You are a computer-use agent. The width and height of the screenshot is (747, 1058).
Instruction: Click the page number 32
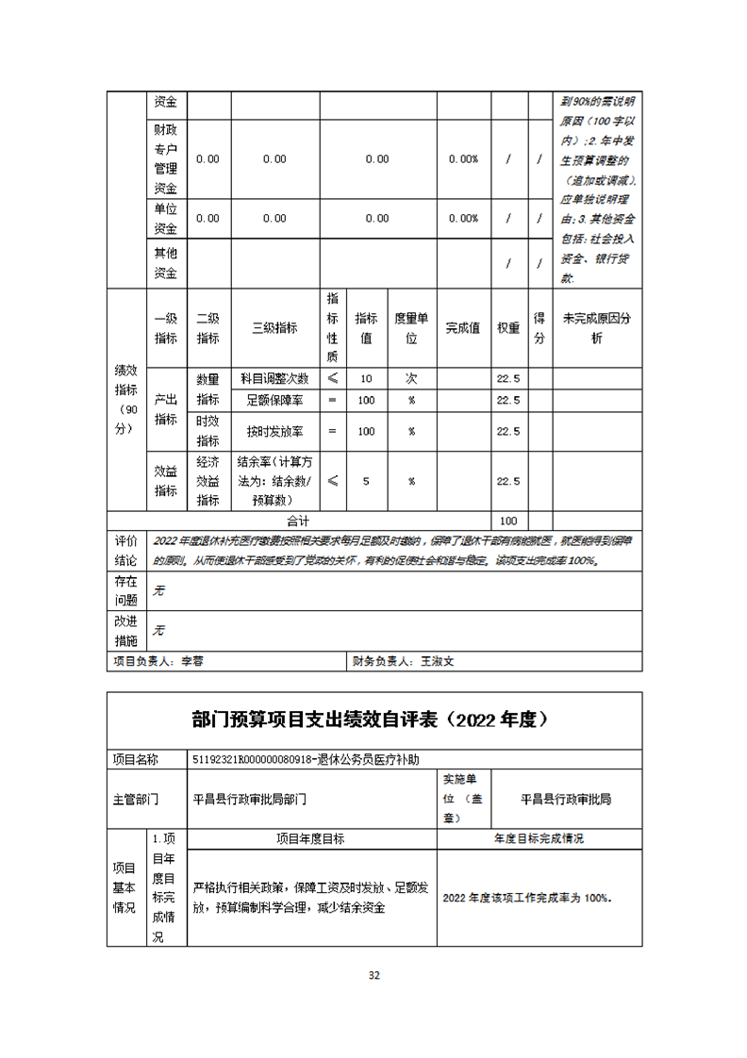[x=373, y=976]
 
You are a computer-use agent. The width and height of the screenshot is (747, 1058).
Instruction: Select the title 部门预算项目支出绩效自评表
[x=373, y=719]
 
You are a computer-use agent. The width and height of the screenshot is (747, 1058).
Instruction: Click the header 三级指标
[x=274, y=328]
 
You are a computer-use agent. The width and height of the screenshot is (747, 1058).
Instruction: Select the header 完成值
[x=463, y=328]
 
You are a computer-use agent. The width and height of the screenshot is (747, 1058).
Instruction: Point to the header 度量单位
[x=411, y=328]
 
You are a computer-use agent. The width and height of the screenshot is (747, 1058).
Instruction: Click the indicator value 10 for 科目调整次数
[x=366, y=378]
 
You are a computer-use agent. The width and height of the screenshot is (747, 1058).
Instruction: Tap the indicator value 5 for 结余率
[x=366, y=481]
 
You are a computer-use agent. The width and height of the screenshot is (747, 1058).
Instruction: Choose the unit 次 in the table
[x=411, y=378]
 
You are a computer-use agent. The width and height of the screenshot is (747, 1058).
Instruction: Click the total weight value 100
[x=508, y=521]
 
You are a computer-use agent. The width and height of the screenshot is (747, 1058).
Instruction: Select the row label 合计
[x=298, y=521]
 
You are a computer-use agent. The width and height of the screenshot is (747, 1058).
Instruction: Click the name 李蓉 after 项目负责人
[x=192, y=662]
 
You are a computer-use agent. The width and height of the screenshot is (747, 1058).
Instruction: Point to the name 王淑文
[x=438, y=662]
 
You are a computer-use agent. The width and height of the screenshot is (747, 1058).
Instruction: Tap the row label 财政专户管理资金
[x=166, y=158]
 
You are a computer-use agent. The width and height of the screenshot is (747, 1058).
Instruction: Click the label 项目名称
[x=136, y=759]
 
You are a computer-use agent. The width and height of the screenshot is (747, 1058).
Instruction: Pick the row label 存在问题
[x=126, y=590]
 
